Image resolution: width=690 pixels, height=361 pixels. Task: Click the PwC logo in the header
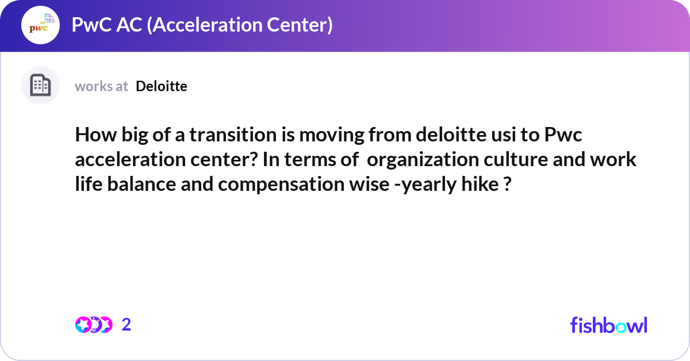(x=40, y=25)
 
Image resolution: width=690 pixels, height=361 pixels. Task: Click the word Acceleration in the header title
(x=208, y=25)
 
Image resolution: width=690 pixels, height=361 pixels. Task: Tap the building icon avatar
(x=40, y=86)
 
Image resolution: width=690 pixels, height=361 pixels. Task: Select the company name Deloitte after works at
(x=162, y=86)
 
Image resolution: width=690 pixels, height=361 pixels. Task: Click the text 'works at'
(x=101, y=86)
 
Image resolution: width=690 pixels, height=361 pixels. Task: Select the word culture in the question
(x=511, y=160)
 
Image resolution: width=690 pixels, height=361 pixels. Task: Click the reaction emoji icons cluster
(x=94, y=325)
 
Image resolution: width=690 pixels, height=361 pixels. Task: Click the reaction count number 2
(x=126, y=325)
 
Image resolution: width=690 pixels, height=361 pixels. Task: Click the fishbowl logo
(x=608, y=325)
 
